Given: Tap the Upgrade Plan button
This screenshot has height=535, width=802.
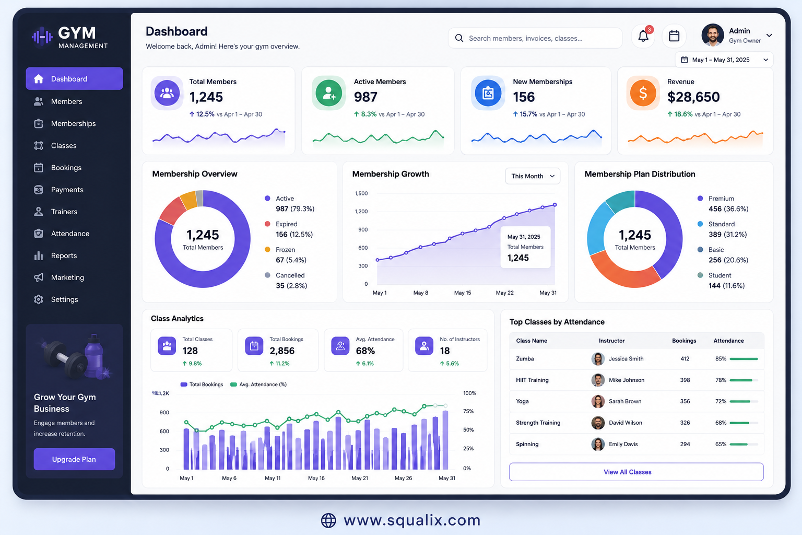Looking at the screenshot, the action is click(74, 459).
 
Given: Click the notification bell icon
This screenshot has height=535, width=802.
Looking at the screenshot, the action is click(643, 36).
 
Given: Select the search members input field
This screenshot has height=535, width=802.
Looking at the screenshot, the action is click(535, 38).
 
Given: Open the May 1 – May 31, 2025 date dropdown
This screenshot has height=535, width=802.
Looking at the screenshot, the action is click(724, 60).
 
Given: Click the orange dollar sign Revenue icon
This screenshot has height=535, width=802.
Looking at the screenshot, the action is click(643, 93).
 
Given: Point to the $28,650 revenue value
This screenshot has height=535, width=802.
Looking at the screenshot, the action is click(693, 97).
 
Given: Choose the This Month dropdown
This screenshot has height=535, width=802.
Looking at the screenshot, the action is click(533, 176).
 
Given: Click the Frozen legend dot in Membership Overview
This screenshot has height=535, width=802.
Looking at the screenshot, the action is click(267, 249).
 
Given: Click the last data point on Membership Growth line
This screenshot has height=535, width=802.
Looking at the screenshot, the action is click(555, 205).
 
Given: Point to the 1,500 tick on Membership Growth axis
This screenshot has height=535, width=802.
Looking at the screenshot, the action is click(361, 193).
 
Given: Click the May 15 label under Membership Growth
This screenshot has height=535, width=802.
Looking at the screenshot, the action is click(463, 293).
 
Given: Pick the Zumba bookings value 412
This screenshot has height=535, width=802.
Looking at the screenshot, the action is click(685, 359).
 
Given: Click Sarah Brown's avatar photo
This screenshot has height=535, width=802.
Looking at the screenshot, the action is click(598, 401).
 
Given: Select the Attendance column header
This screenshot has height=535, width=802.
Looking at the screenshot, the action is click(728, 341).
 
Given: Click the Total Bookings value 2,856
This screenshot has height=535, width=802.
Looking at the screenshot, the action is click(282, 351).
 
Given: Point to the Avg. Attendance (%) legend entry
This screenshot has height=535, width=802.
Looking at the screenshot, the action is click(258, 385).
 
